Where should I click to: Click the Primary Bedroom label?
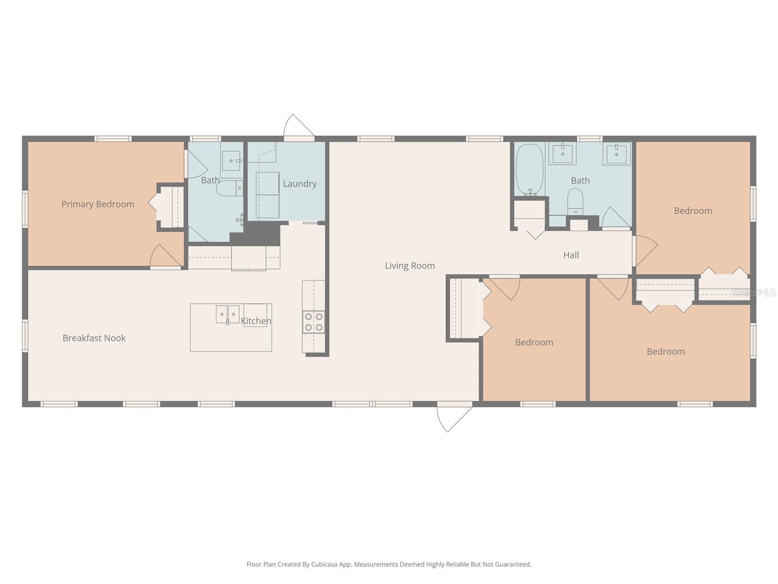[98, 204]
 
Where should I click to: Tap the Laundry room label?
[300, 183]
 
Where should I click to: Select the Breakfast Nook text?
[94, 338]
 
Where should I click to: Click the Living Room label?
[409, 265]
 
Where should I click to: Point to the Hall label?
[571, 255]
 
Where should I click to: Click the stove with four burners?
[314, 322]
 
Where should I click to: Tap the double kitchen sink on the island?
[228, 314]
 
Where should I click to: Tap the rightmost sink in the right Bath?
[617, 153]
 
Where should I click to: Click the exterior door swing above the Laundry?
[297, 127]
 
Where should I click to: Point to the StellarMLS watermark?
[753, 292]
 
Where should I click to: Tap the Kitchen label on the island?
[256, 321]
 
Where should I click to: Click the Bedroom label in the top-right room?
[692, 211]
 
